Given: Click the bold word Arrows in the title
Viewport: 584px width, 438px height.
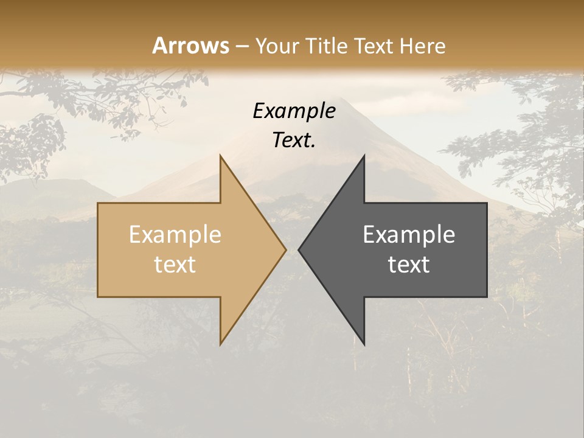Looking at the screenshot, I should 190,46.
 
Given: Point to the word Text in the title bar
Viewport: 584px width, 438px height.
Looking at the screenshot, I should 377,46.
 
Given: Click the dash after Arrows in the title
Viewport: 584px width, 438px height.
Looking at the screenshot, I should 242,46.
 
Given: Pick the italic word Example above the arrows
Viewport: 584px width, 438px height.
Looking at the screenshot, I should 294,111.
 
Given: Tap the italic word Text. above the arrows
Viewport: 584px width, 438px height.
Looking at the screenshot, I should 293,140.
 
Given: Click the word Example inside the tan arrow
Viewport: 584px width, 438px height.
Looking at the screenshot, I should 175,235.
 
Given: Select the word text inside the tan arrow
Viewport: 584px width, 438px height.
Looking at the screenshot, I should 175,264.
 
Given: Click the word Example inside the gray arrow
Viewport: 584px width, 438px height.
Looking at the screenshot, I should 409,235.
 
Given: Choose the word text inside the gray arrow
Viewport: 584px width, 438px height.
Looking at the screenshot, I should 409,264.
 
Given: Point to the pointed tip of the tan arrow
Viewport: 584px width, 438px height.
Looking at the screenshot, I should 286,249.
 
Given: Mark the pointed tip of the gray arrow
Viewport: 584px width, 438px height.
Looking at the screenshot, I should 299,249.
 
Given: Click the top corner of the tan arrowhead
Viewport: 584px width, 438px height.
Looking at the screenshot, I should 220,155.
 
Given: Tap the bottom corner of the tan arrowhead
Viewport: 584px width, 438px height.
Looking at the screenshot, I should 220,344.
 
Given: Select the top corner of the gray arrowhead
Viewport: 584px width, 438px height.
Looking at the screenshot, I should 364,155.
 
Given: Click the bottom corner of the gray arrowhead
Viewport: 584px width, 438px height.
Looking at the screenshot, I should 364,344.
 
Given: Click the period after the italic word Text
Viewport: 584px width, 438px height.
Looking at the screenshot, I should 313,146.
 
